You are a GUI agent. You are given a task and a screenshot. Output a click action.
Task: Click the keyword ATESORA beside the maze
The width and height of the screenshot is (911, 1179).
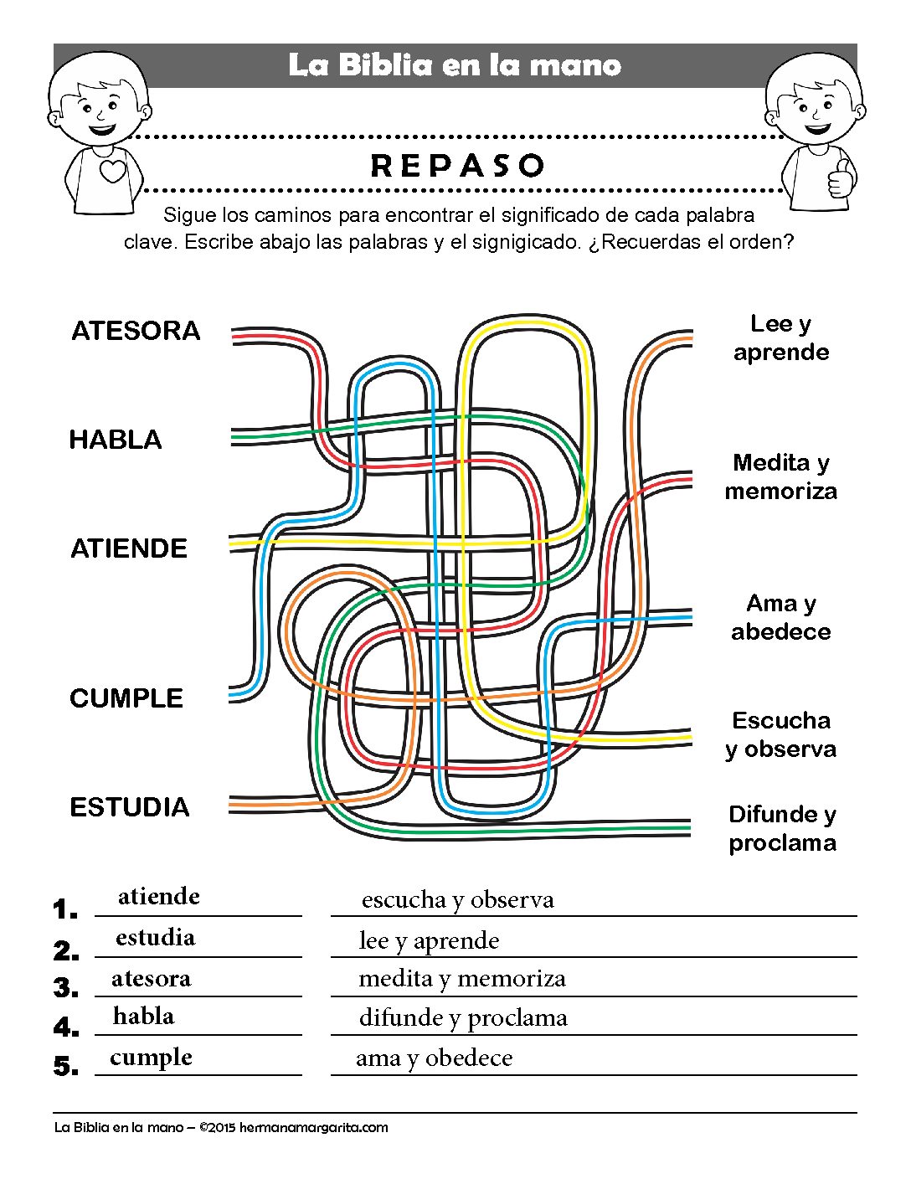click(136, 331)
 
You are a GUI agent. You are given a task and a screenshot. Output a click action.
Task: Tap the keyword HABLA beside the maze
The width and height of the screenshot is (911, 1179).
click(116, 440)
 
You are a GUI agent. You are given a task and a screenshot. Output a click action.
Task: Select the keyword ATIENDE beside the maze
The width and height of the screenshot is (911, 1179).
click(129, 548)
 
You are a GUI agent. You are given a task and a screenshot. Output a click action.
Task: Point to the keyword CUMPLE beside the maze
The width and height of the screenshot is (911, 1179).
click(126, 698)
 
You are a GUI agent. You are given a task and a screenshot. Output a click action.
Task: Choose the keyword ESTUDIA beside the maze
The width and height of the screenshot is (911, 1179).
click(130, 807)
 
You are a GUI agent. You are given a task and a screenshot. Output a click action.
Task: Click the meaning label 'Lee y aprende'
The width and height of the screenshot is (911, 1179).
click(781, 338)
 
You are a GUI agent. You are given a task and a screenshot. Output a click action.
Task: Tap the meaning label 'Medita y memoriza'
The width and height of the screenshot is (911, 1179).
click(781, 477)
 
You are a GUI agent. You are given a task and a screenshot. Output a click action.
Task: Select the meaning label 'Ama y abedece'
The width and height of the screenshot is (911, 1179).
click(781, 617)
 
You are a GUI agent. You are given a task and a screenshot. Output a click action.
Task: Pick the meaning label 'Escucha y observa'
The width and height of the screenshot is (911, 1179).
click(781, 735)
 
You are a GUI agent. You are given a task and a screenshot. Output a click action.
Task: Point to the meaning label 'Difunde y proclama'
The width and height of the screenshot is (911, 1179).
click(782, 828)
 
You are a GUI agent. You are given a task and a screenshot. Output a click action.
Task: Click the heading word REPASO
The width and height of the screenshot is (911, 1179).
click(457, 166)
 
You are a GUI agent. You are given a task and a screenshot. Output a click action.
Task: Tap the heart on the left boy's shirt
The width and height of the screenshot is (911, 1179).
click(113, 171)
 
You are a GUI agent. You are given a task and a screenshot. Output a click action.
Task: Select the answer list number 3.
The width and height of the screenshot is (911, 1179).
click(66, 988)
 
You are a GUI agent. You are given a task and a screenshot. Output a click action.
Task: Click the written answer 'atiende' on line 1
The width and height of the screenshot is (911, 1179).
click(159, 897)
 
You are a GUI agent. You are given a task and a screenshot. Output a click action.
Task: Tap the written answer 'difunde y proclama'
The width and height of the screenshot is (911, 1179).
click(463, 1018)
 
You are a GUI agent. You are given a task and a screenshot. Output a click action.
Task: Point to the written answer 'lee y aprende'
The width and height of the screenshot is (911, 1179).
click(430, 941)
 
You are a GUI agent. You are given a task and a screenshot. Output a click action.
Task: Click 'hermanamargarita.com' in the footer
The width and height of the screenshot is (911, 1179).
click(314, 1128)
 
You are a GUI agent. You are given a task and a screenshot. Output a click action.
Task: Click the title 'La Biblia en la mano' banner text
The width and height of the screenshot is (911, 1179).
click(455, 65)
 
